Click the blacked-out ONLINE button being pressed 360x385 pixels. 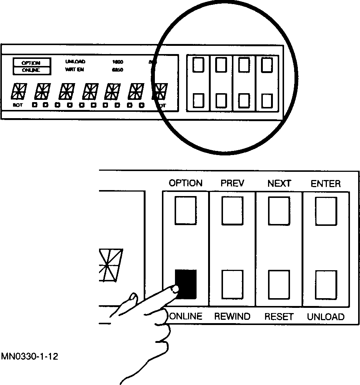pyautogui.click(x=186, y=284)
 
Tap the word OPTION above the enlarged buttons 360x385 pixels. pyautogui.click(x=185, y=183)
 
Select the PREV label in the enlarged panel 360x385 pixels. pyautogui.click(x=232, y=183)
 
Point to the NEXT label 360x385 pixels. pyautogui.click(x=279, y=183)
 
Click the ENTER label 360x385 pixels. pyautogui.click(x=326, y=183)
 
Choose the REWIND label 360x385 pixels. pyautogui.click(x=232, y=317)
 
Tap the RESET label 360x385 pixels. pyautogui.click(x=279, y=317)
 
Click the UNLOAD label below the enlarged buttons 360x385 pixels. pyautogui.click(x=326, y=317)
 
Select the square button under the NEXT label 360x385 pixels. pyautogui.click(x=279, y=211)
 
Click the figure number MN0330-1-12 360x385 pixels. pyautogui.click(x=29, y=357)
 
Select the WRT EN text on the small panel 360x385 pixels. pyautogui.click(x=73, y=70)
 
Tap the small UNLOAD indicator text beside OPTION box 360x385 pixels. pyautogui.click(x=75, y=62)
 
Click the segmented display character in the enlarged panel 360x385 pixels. pyautogui.click(x=111, y=266)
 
